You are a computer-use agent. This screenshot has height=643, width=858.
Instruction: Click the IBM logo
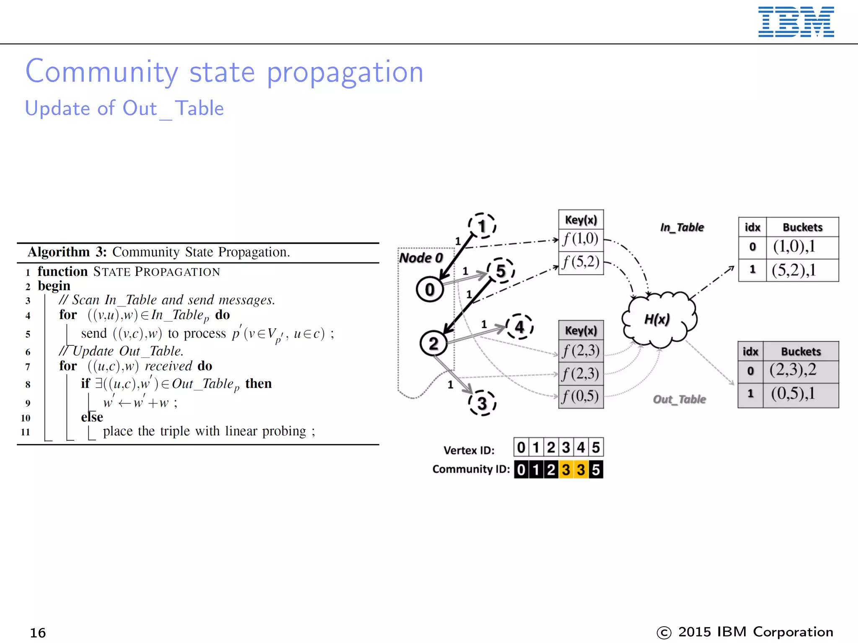[796, 22]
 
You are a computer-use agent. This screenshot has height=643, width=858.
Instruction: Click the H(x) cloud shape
[658, 319]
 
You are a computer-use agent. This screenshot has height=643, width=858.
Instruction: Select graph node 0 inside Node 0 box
[430, 289]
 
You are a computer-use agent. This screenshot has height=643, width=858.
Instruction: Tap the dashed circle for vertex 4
[519, 327]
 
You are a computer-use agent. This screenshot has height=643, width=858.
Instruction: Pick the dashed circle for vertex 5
[501, 271]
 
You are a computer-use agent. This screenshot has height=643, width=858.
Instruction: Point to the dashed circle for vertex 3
[482, 403]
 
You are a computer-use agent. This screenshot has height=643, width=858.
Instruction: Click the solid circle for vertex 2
[434, 343]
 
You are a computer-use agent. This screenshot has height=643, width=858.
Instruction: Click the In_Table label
[682, 227]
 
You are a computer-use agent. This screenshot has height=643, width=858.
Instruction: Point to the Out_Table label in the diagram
[679, 399]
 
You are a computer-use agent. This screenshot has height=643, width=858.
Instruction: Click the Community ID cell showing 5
[596, 470]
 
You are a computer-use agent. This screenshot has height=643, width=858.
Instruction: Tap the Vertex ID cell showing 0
[521, 448]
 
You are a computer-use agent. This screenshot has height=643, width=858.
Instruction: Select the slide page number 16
[38, 633]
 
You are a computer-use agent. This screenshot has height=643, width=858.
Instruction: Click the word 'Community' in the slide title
[102, 72]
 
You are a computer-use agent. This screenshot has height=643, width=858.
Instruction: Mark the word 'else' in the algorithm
[92, 417]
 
